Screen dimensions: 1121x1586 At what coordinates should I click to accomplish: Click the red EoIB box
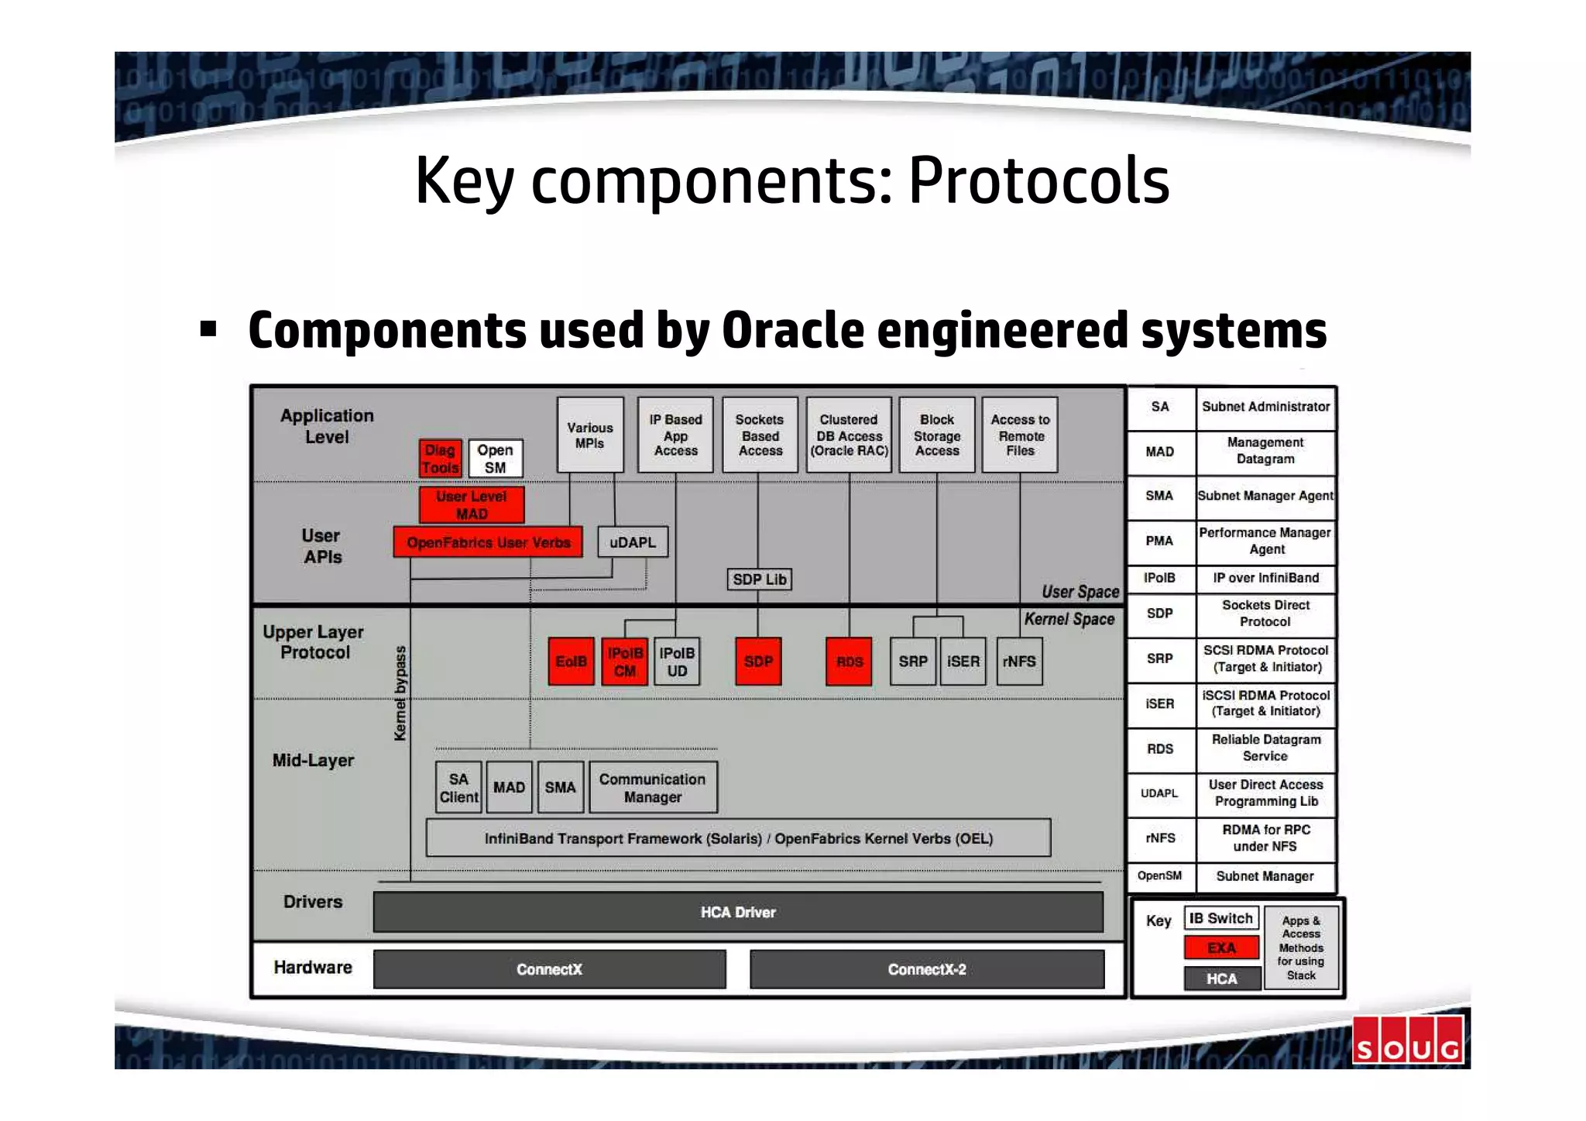pos(571,662)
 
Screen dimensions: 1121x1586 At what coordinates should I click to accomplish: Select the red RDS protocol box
pos(849,662)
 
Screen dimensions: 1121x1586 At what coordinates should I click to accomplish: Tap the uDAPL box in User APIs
pos(632,542)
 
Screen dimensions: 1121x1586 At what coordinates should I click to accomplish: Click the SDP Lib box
pos(759,579)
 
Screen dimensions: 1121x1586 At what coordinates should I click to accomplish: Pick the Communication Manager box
pos(652,788)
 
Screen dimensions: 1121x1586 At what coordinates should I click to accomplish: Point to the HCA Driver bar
pos(737,912)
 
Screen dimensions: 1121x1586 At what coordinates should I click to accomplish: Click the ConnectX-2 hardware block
pos(926,969)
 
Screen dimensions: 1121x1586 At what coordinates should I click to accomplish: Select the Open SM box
pos(495,459)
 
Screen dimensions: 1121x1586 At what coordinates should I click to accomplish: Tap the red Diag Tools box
pos(440,459)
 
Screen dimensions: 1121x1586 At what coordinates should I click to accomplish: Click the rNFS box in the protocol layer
pos(1018,662)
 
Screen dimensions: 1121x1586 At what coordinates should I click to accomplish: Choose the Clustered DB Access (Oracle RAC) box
pos(849,435)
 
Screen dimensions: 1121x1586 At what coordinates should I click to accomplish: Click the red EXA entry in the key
pos(1220,948)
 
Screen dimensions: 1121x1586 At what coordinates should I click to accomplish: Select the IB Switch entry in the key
pos(1220,919)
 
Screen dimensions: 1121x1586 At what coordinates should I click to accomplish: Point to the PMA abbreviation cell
pos(1159,541)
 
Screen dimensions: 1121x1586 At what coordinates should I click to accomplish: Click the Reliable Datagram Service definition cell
pos(1265,748)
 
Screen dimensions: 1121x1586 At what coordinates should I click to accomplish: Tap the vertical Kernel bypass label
pos(400,693)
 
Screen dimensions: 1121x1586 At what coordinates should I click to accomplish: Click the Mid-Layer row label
pos(313,761)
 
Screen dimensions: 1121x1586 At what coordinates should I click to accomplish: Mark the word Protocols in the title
pos(1038,181)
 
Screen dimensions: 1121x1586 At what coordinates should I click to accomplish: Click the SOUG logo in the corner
pos(1407,1040)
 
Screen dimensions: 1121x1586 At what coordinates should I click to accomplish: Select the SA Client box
pos(458,788)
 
